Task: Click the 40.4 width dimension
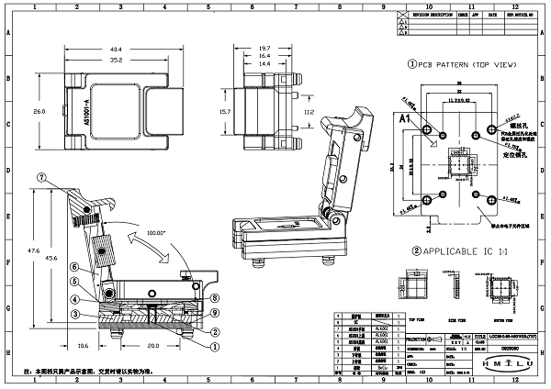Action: coord(117,50)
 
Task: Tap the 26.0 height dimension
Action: coord(39,112)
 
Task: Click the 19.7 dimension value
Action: coord(264,49)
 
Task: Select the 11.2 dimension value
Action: coord(309,112)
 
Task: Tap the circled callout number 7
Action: coord(41,176)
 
